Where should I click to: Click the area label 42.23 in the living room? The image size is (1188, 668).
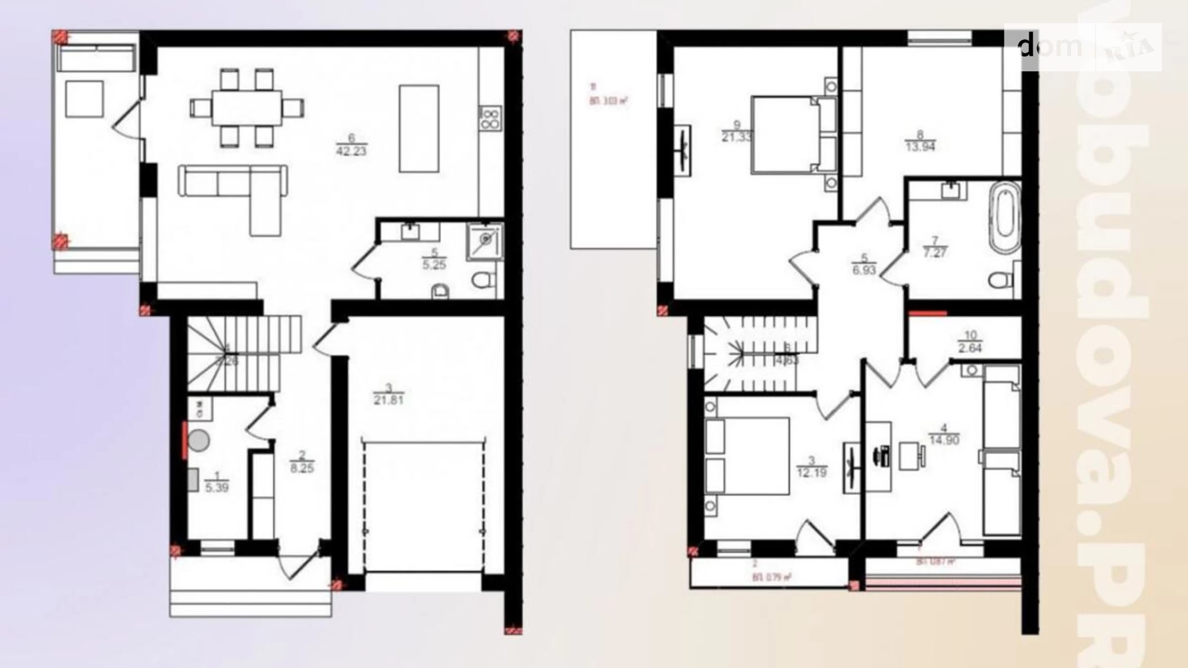[x=351, y=151]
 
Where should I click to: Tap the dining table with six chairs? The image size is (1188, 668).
[x=247, y=108]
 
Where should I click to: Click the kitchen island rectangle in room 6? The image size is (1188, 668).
[x=419, y=128]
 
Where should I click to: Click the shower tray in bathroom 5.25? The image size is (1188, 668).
[x=485, y=240]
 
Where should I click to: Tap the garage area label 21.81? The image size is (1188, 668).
[x=388, y=400]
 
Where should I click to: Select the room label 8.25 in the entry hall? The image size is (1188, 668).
[x=302, y=468]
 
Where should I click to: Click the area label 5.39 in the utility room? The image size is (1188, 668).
[x=216, y=487]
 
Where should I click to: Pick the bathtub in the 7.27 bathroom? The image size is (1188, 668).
[x=1005, y=218]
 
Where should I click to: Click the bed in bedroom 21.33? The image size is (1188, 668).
[x=793, y=135]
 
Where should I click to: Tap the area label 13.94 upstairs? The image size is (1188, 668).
[x=920, y=146]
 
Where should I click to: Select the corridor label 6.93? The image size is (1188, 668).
[x=864, y=270]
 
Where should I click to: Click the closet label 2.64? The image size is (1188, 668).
[x=970, y=347]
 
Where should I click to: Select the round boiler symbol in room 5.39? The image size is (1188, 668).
[x=198, y=440]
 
